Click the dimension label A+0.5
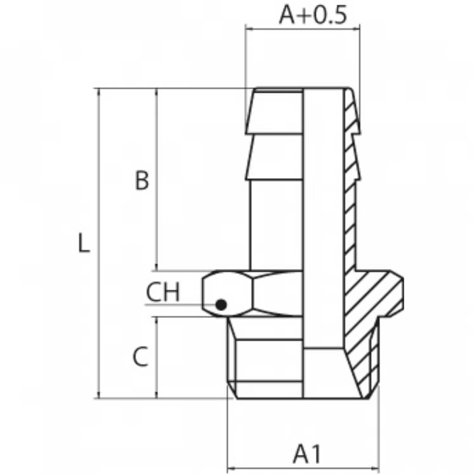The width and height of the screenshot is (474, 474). pyautogui.click(x=313, y=15)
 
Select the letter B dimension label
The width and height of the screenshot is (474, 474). pyautogui.click(x=142, y=180)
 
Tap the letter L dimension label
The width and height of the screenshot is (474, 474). pyautogui.click(x=84, y=243)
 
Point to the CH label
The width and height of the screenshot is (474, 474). pyautogui.click(x=163, y=292)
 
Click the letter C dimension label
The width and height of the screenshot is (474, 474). pyautogui.click(x=141, y=357)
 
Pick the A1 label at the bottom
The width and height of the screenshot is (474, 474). pyautogui.click(x=306, y=454)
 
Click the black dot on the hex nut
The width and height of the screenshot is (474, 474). pyautogui.click(x=221, y=305)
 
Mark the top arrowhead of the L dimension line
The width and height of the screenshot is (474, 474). pyautogui.click(x=98, y=92)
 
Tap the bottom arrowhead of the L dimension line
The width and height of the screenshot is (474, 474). pyautogui.click(x=98, y=395)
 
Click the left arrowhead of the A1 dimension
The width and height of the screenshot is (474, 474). pyautogui.click(x=231, y=469)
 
